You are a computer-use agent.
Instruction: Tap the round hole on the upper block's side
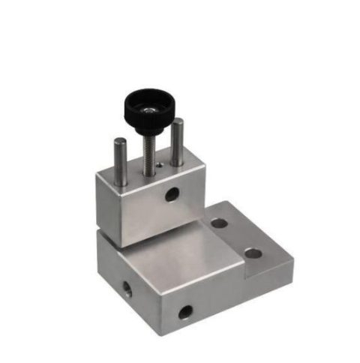172,195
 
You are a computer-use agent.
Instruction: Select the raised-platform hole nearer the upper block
218,223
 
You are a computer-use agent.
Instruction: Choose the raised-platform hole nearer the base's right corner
253,253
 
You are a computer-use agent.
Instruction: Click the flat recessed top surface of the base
180,255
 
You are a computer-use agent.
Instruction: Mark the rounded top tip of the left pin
119,140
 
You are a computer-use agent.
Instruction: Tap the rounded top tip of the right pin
177,121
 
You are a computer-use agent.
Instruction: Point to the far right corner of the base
292,262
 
